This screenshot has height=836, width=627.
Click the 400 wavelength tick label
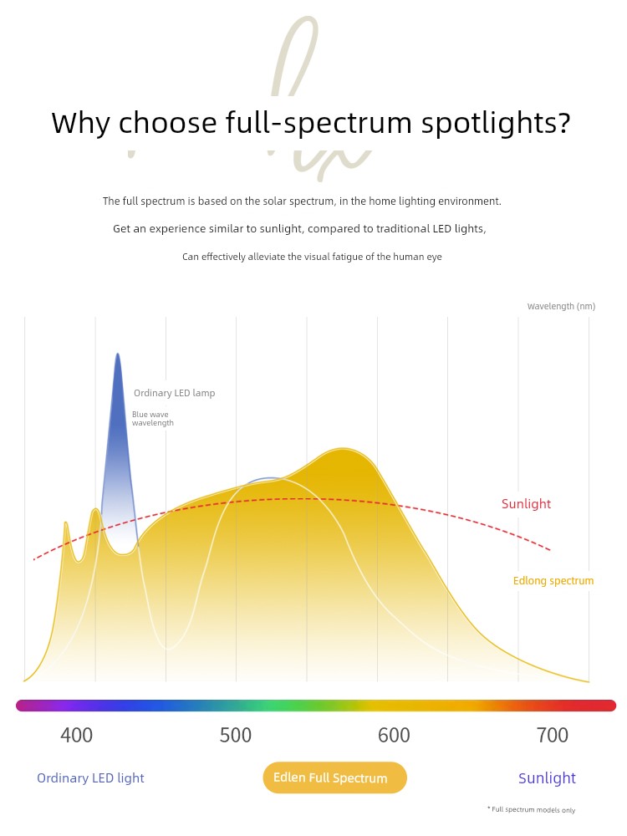pos(77,736)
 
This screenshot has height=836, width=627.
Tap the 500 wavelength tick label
pos(236,736)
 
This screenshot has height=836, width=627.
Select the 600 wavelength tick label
pos(394,736)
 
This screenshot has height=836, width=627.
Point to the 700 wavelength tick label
pos(552,736)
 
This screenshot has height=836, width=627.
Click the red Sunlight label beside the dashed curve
pos(526,504)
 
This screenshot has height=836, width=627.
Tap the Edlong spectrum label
pos(553,581)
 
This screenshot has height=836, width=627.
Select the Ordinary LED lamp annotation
pos(174,393)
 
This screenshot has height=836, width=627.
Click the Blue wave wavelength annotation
pos(153,419)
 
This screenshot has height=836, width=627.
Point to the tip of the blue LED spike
pos(118,354)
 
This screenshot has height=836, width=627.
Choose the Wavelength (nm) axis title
pos(561,307)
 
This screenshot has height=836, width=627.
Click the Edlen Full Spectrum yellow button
pos(334,777)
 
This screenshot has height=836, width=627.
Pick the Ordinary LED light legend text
pos(90,778)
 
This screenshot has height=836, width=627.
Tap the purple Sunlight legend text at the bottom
pos(547,778)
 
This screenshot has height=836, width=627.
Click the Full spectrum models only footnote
pos(532,809)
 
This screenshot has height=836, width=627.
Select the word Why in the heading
pos(80,124)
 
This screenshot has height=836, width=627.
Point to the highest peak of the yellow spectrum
pos(341,449)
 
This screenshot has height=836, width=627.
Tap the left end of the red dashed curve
pos(34,559)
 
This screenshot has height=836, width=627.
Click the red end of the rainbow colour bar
pos(608,706)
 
